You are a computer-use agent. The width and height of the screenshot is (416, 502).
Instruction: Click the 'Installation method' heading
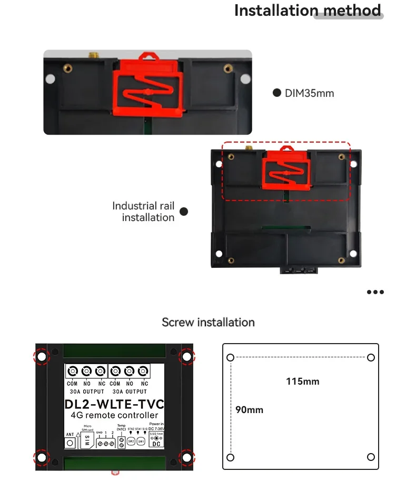pos(308,11)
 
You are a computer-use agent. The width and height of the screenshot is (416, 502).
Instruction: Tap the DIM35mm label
pos(309,93)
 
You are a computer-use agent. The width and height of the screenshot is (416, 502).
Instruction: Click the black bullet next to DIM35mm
pos(276,93)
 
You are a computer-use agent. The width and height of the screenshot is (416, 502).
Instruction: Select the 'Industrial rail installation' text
pos(143,212)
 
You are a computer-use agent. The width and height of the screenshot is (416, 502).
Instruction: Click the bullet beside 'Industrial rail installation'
pos(184,212)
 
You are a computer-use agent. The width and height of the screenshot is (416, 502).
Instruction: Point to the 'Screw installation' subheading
pos(208,322)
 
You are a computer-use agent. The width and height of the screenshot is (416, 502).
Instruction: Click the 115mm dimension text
pos(302,381)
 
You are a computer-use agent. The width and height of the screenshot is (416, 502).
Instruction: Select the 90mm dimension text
pos(249,409)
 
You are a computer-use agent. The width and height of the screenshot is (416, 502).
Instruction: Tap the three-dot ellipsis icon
pos(375,292)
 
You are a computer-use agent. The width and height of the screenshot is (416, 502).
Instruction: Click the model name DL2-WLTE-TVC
pos(114,404)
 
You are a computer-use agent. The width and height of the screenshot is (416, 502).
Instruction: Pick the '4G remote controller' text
pos(114,415)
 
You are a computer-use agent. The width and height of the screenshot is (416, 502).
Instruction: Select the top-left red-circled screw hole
pos(42,356)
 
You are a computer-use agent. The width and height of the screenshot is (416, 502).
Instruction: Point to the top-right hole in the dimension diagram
pos(371,358)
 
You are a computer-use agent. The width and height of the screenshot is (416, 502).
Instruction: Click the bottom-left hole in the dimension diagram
pos(230,456)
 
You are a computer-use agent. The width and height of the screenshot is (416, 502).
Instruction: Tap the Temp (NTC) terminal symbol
pos(121,441)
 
